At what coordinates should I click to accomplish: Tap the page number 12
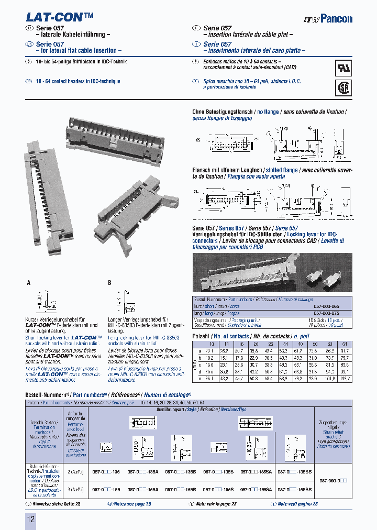(x=30, y=519)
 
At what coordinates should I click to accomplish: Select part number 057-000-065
(x=326, y=305)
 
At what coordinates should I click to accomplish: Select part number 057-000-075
(x=326, y=312)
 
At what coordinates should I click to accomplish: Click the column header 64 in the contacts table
(x=344, y=344)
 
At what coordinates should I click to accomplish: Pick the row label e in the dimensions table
(x=200, y=378)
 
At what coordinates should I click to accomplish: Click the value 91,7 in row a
(x=345, y=350)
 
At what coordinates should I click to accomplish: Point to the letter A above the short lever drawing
(x=29, y=282)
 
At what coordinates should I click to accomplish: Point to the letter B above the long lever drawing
(x=109, y=282)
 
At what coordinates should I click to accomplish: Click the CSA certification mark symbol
(x=343, y=86)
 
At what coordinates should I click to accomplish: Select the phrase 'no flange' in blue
(x=267, y=112)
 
